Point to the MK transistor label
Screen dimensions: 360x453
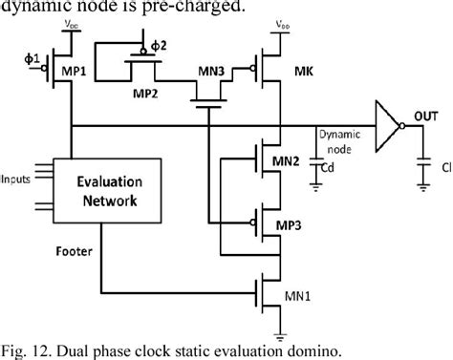click(x=304, y=72)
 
